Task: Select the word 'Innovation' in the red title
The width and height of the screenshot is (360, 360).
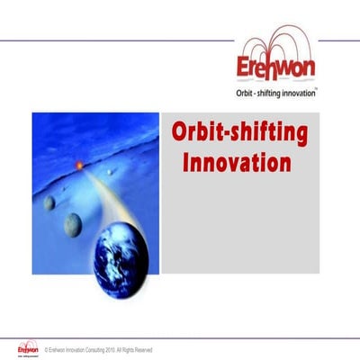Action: click(x=237, y=164)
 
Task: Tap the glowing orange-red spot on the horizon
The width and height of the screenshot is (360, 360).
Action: click(x=79, y=165)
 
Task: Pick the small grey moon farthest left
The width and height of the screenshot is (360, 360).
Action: click(x=49, y=202)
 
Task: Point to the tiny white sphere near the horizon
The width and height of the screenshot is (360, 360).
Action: click(x=110, y=171)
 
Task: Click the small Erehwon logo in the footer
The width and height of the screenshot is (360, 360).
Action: click(x=28, y=346)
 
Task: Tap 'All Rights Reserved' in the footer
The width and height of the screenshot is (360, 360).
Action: click(x=132, y=349)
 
